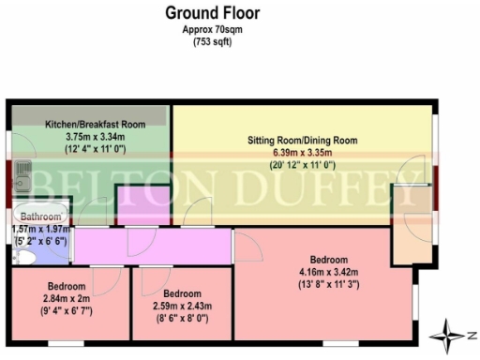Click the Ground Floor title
[x=213, y=13]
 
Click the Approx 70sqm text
[x=212, y=30]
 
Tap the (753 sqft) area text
[x=212, y=42]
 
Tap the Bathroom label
[x=40, y=214]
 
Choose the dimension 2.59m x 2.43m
[x=183, y=306]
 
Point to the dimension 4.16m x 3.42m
[x=327, y=274]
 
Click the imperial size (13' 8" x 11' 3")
[x=327, y=287]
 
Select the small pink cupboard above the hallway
[x=142, y=205]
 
